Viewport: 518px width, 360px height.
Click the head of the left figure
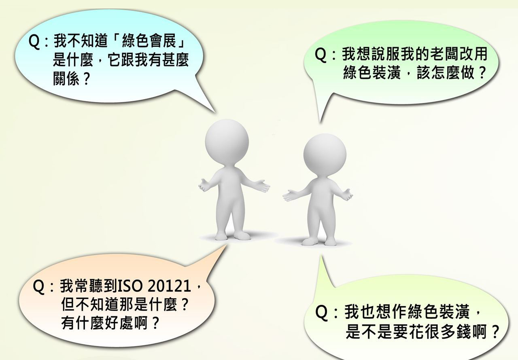(227, 142)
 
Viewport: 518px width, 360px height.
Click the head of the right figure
(325, 155)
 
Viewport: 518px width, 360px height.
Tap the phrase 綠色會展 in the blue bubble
(149, 41)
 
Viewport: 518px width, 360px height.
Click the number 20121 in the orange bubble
(169, 286)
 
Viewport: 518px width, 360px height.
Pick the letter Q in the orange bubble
(38, 287)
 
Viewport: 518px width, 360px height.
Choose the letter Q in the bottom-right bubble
(321, 313)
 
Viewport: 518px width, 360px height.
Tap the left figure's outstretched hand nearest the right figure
(262, 186)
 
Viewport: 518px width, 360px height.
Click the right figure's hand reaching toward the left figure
(290, 195)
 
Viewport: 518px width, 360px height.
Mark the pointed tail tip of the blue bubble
(216, 113)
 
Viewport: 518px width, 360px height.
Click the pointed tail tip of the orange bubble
(226, 246)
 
